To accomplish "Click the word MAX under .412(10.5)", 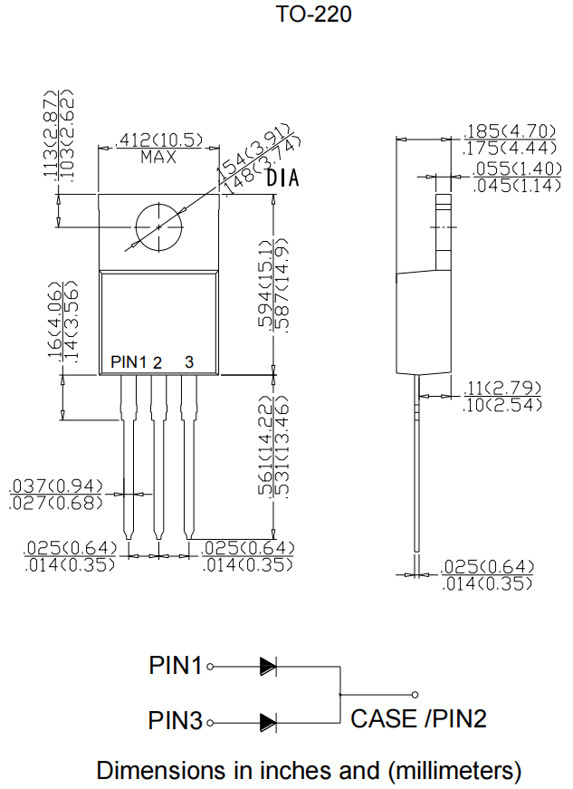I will pyautogui.click(x=158, y=157).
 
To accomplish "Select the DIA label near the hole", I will pyautogui.click(x=282, y=179).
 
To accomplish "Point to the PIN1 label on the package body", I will pyautogui.click(x=128, y=362).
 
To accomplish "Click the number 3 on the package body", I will pyautogui.click(x=188, y=362).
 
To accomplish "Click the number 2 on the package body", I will pyautogui.click(x=158, y=362).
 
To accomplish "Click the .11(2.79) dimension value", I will pyautogui.click(x=503, y=388).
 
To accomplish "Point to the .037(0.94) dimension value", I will pyautogui.click(x=56, y=487).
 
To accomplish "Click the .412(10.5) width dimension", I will pyautogui.click(x=158, y=140).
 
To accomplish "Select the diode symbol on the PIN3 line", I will pyautogui.click(x=268, y=722).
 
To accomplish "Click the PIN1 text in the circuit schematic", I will pyautogui.click(x=176, y=666).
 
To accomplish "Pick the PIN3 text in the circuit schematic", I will pyautogui.click(x=176, y=722).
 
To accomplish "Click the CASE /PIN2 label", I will pyautogui.click(x=418, y=719).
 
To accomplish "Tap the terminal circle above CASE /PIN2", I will pyautogui.click(x=415, y=695).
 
